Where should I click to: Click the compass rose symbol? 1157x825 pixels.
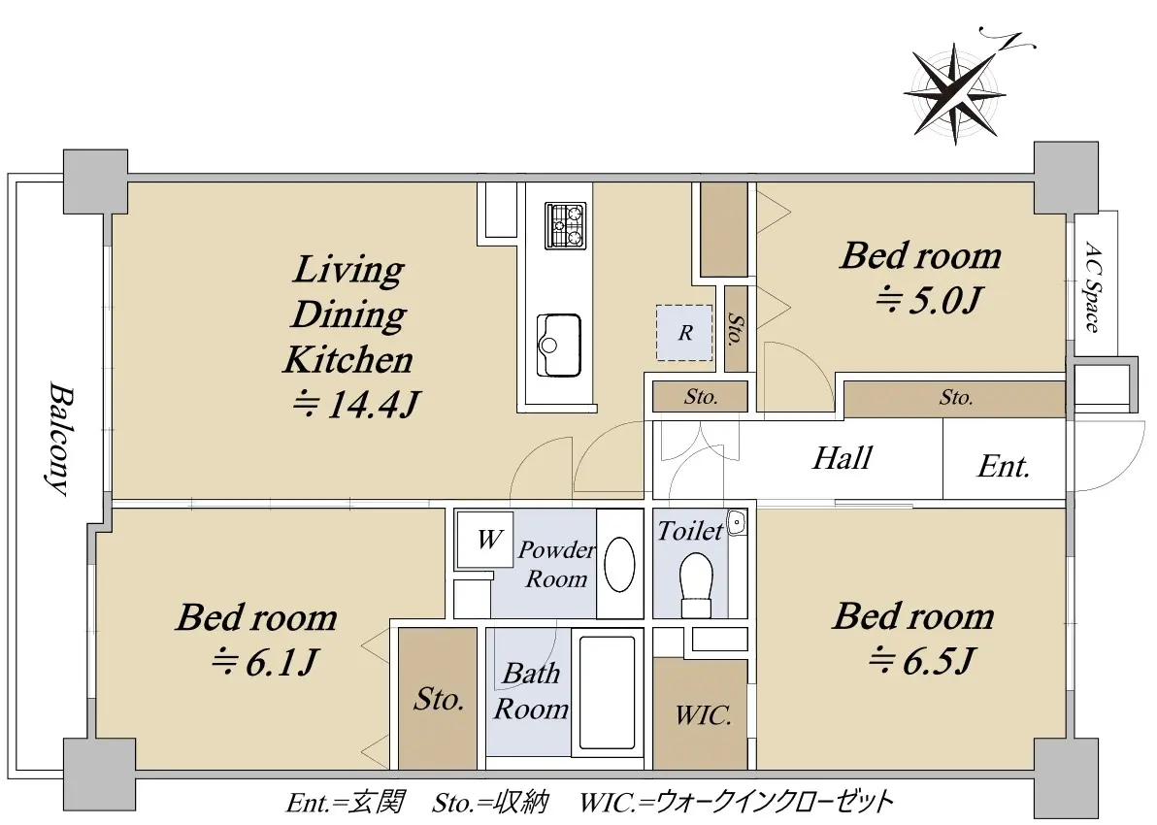(955, 93)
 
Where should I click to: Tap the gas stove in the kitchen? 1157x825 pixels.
(565, 225)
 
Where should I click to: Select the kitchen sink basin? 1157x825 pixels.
(558, 345)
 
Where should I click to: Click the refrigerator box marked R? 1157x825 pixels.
(684, 333)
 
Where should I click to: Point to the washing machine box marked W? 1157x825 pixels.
(484, 540)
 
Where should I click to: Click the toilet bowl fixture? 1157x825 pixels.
(696, 584)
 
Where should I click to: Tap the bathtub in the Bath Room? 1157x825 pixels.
(608, 691)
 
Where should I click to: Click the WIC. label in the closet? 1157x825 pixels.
(703, 714)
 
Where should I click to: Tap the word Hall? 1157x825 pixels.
(842, 457)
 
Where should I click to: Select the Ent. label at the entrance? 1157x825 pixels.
(1004, 467)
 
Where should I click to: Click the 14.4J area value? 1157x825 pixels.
(357, 404)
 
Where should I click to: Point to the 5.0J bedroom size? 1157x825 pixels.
(929, 300)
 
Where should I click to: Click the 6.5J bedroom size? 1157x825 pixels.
(922, 660)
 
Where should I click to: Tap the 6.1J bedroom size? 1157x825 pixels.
(264, 662)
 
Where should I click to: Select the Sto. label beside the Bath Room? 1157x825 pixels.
(439, 698)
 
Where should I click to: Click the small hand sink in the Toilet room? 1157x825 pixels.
(737, 523)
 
